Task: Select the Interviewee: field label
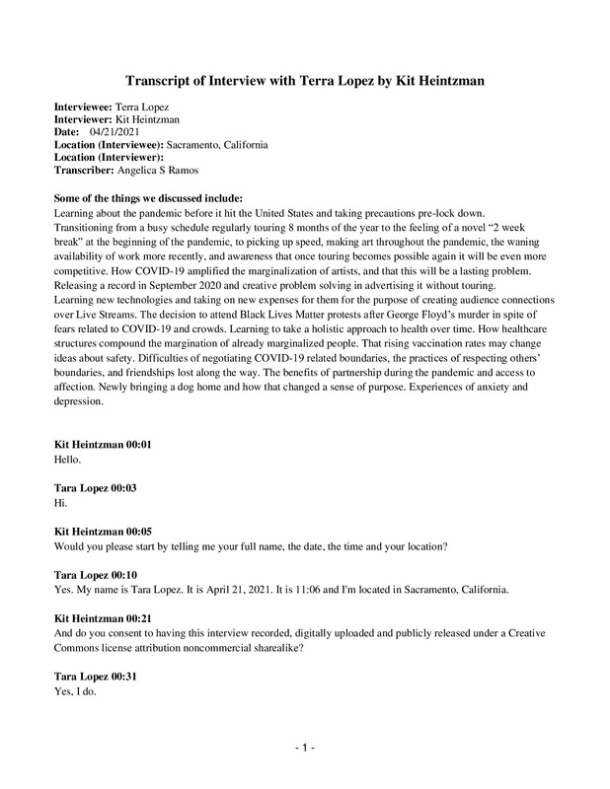coord(84,104)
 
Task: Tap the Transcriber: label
coord(85,169)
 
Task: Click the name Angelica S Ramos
coord(160,169)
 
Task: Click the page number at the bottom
coord(305,750)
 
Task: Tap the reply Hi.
coord(60,502)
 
